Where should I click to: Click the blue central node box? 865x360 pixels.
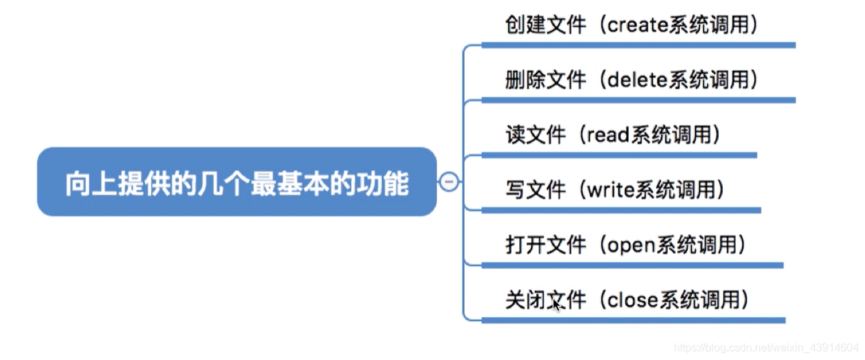(236, 182)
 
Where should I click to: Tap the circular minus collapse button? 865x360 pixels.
(448, 182)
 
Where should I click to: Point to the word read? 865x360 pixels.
(608, 135)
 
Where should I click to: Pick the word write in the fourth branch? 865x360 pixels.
(610, 189)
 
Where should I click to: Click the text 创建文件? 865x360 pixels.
(546, 26)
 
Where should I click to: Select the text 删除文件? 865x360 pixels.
(546, 80)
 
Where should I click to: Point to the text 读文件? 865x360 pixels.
(536, 135)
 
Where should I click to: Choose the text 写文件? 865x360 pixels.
(536, 189)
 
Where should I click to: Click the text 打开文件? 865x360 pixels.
(546, 245)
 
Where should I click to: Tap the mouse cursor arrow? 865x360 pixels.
(557, 305)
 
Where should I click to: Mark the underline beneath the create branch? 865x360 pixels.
(638, 46)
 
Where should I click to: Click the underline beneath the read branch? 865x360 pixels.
(619, 155)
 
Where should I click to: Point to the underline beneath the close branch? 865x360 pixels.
(633, 320)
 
